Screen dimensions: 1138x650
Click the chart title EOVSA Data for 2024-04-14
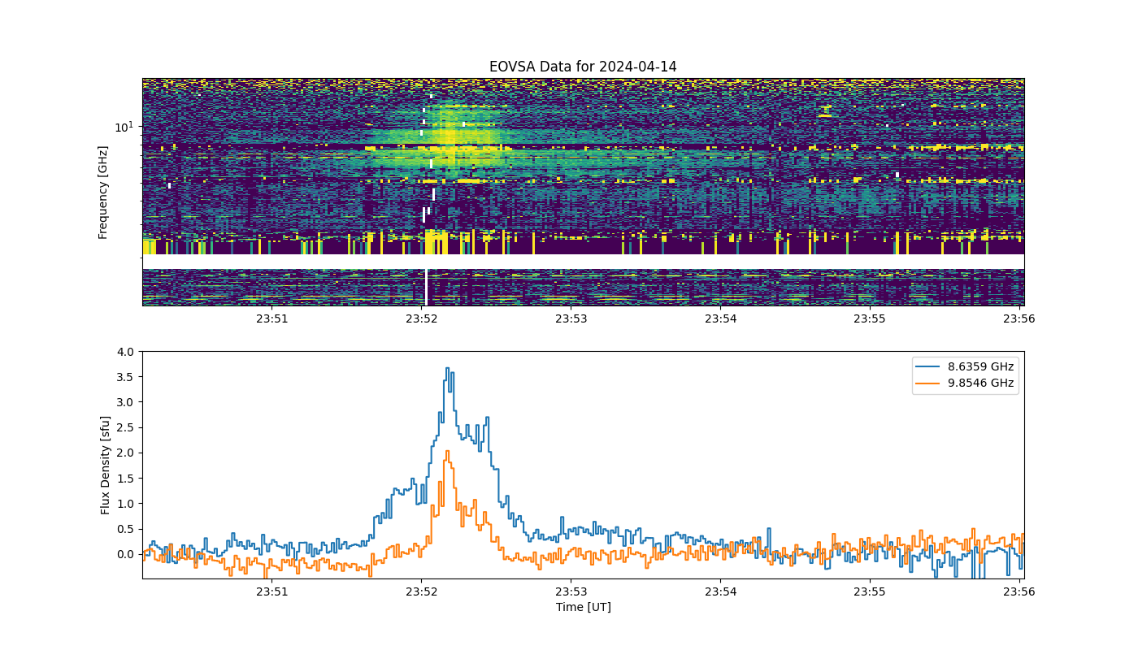pos(583,67)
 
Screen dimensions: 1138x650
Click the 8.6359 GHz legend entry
pos(965,366)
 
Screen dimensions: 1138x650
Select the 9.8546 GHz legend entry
pos(965,383)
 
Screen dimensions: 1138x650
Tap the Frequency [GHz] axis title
pos(103,193)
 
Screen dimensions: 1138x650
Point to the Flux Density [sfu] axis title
pos(105,465)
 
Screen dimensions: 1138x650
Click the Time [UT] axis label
pos(584,607)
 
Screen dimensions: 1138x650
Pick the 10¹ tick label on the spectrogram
pos(124,127)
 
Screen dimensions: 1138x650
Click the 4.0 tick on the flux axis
pos(125,352)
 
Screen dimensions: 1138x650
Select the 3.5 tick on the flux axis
pos(125,377)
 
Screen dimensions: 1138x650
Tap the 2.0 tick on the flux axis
pos(125,453)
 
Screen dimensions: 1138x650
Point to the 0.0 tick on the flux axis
pos(125,554)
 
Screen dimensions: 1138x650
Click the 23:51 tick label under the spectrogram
pos(271,318)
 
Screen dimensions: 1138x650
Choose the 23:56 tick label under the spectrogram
pos(1019,318)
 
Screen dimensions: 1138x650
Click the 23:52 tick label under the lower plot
pos(421,591)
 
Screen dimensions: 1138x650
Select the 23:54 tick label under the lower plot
pos(720,591)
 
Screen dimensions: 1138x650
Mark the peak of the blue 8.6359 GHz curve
pos(448,368)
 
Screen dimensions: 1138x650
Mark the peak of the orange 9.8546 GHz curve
pos(447,451)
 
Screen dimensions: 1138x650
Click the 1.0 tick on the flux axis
pos(125,504)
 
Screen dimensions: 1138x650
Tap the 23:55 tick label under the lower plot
pos(870,591)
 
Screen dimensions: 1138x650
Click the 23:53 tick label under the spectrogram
pos(571,318)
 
